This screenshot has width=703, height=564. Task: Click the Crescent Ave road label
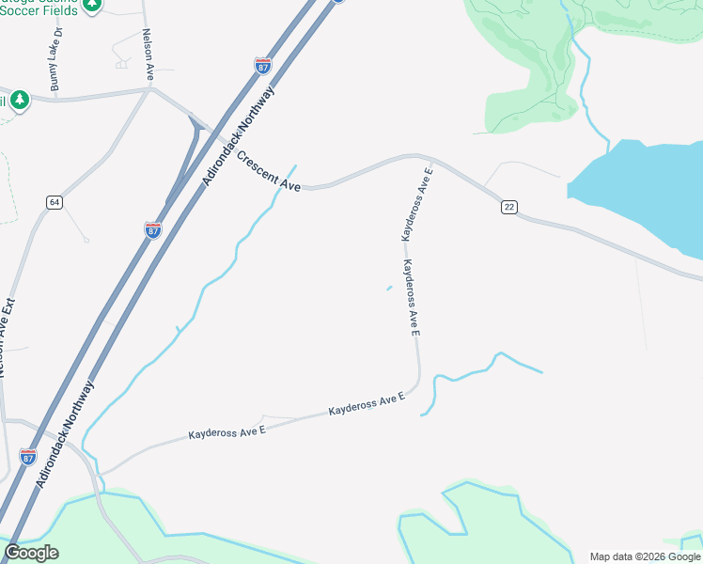coord(269,172)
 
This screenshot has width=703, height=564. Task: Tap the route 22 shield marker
coord(508,207)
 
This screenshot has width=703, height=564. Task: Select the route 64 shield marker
coord(55,203)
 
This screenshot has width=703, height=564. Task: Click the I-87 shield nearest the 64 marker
coord(152,229)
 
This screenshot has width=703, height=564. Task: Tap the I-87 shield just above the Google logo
coord(28,457)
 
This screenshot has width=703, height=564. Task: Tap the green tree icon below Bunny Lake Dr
coord(20,100)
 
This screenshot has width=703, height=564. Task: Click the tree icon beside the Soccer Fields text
coord(91,5)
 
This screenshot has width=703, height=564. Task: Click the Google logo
coord(31,553)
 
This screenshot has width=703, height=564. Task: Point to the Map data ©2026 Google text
coord(645,556)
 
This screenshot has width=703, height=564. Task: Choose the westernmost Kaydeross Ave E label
coord(227,431)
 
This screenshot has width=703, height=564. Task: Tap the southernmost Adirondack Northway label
coord(65,433)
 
